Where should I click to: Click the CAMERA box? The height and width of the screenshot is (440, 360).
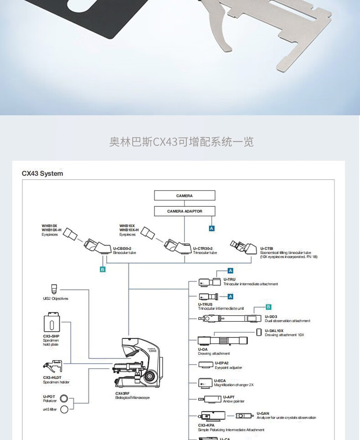point(184,196)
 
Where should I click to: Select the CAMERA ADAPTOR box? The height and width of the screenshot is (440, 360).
point(184,211)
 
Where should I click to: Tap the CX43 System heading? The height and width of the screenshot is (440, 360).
point(42,174)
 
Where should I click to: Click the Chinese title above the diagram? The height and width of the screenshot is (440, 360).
point(181,142)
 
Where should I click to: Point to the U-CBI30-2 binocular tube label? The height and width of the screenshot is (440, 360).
point(124,250)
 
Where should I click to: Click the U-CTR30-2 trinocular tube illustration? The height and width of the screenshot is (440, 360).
point(178,246)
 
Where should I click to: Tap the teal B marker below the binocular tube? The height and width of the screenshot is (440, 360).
point(103,270)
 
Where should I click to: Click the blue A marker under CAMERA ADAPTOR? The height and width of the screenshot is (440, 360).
point(211,228)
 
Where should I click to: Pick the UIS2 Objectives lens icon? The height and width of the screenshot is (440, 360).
point(54,288)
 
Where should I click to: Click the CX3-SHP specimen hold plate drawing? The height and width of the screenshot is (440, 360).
point(51,324)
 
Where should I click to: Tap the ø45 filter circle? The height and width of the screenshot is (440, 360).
point(64,409)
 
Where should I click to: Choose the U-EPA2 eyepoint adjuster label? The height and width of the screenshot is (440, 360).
point(228,365)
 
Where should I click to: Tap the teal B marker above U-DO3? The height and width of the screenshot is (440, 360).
point(268,307)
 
